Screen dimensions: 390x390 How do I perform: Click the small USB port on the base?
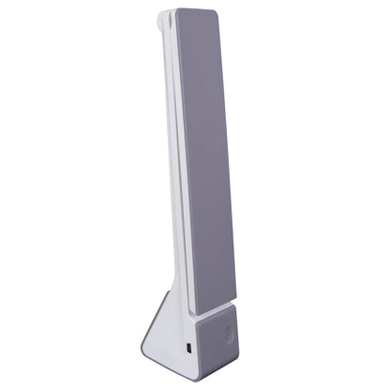(187, 351)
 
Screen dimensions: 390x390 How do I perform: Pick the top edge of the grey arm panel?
(197, 11)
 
